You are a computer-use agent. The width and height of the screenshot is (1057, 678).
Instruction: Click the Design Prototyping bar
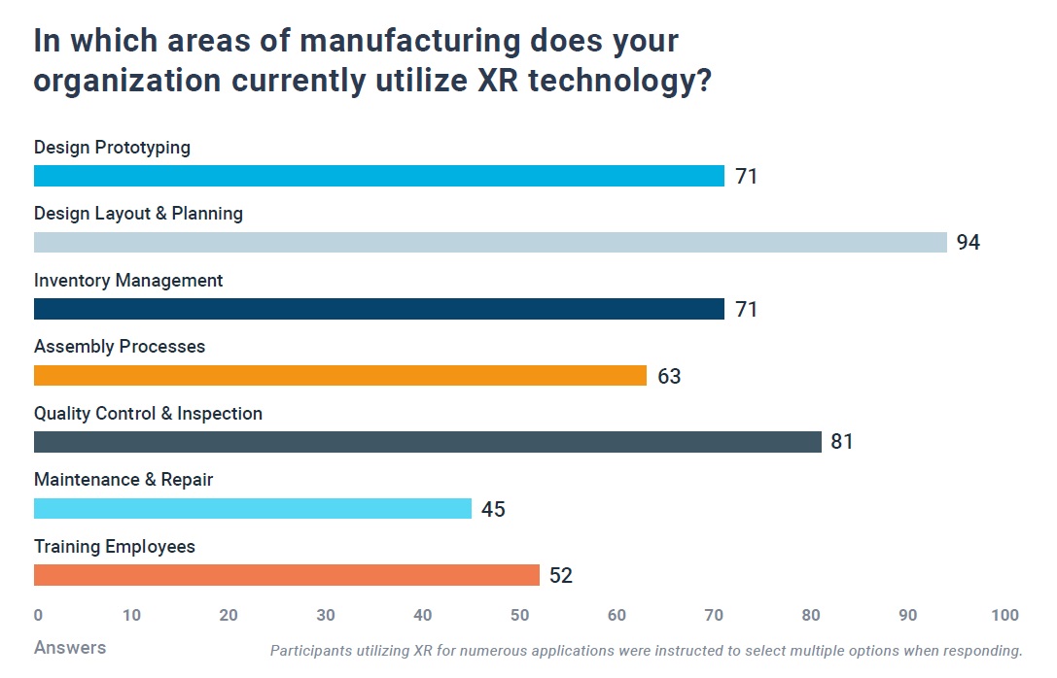click(379, 176)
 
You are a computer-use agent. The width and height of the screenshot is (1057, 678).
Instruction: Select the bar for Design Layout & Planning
click(490, 242)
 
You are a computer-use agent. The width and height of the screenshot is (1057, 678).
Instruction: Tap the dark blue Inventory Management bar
click(379, 309)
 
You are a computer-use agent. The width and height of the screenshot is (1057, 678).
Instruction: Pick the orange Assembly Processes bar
click(340, 375)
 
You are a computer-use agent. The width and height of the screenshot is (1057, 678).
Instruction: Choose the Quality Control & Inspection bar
click(428, 442)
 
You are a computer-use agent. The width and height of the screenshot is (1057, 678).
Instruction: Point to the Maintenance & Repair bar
click(253, 508)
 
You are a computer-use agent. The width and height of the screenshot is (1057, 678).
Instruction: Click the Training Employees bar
click(287, 575)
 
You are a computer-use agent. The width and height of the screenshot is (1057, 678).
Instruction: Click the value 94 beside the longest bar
click(968, 243)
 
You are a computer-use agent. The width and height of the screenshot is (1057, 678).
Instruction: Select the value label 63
click(669, 376)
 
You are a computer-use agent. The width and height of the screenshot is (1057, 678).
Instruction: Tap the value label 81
click(842, 442)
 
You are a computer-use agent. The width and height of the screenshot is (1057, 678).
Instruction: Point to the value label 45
click(493, 509)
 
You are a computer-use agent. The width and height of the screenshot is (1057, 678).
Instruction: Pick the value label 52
click(561, 576)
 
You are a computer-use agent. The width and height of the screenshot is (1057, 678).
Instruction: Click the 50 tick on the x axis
click(520, 615)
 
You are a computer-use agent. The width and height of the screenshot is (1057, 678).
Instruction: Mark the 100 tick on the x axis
click(1004, 615)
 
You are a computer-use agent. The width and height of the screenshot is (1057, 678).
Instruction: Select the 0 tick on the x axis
click(38, 615)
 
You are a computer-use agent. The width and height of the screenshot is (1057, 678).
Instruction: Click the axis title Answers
click(70, 647)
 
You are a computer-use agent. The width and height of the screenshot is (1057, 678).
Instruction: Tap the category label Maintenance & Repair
click(123, 480)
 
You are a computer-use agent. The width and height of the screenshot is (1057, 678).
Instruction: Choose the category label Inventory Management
click(128, 281)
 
